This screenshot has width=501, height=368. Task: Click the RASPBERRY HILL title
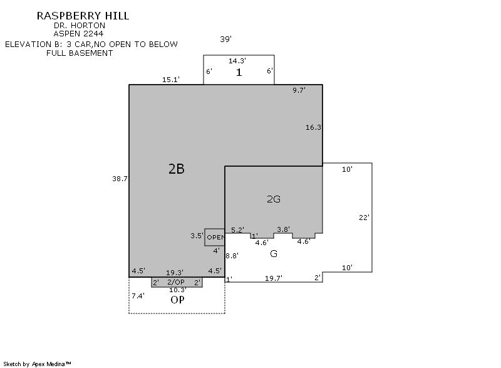tap(83, 16)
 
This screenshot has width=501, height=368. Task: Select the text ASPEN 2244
tap(78, 34)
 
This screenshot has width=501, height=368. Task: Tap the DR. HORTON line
tap(80, 25)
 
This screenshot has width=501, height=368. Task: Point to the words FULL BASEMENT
tap(80, 53)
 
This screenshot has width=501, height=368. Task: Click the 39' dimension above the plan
tap(225, 39)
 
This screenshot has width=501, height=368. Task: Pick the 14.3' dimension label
tap(237, 61)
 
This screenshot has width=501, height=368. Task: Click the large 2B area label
tap(177, 169)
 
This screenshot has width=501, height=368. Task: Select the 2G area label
tap(274, 199)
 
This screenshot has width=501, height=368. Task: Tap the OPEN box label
tap(215, 237)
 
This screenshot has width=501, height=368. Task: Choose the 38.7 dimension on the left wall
tap(120, 179)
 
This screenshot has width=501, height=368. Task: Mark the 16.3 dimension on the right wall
tap(313, 127)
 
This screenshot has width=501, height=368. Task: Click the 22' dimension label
tap(364, 218)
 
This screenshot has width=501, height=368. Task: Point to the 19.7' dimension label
tap(274, 278)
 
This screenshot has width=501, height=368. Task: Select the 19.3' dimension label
tap(175, 273)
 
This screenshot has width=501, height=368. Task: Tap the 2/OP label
tap(176, 282)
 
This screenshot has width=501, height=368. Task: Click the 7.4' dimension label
tap(138, 296)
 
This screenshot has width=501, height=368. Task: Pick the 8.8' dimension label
tap(232, 255)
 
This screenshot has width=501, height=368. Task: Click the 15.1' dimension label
tap(171, 80)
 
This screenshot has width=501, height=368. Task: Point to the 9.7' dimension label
tap(299, 90)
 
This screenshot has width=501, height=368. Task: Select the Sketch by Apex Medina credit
tap(38, 364)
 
